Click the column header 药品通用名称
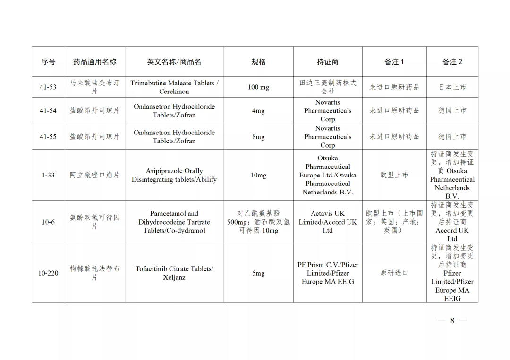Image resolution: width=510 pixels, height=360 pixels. coord(94,62)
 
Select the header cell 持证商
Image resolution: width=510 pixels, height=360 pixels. coord(327,62)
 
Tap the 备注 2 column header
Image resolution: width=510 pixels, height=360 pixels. coord(452,62)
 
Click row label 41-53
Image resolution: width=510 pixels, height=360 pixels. coord(48,87)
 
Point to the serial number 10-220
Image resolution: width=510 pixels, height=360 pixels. coord(48,273)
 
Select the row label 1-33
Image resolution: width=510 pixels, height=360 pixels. coord(48,175)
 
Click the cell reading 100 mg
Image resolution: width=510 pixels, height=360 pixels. coord(258,87)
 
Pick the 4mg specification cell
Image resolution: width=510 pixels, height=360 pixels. coord(258,111)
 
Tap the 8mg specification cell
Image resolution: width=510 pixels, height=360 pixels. coord(258,137)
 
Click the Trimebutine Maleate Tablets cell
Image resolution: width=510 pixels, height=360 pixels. coord(174,87)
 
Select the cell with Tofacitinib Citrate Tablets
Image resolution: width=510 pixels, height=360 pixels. coord(174,273)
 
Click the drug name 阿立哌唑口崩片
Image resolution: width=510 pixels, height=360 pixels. coord(94,175)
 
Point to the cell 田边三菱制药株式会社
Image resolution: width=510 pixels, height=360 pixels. coord(327,87)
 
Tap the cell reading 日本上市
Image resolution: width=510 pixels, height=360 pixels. coord(452,87)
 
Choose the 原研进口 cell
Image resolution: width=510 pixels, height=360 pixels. coord(394,273)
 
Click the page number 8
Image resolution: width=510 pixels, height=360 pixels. coord(452,320)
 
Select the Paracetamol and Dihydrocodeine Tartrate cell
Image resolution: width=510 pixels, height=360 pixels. coord(174,222)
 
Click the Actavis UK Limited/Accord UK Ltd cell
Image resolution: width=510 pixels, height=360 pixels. coord(327,222)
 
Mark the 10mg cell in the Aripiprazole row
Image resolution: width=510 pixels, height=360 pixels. coord(258,175)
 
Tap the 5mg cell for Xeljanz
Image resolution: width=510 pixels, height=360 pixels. coord(258,273)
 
